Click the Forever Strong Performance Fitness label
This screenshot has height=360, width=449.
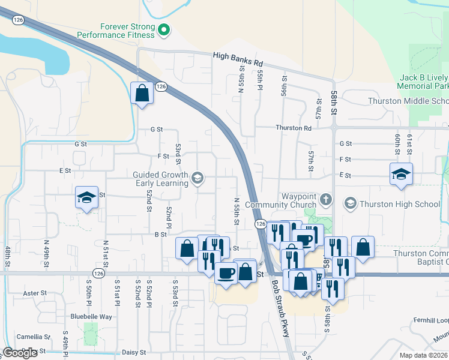(127, 31)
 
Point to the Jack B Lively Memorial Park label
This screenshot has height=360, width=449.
(424, 82)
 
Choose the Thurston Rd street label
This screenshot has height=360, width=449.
(294, 128)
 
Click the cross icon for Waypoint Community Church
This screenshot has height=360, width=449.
(325, 199)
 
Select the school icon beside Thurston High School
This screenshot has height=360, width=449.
(350, 204)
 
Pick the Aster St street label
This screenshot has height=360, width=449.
(34, 293)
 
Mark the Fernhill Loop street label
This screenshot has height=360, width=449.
(430, 320)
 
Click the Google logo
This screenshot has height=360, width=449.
(20, 353)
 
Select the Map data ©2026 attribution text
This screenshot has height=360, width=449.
(423, 355)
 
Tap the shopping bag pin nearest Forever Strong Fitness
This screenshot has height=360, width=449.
(142, 93)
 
